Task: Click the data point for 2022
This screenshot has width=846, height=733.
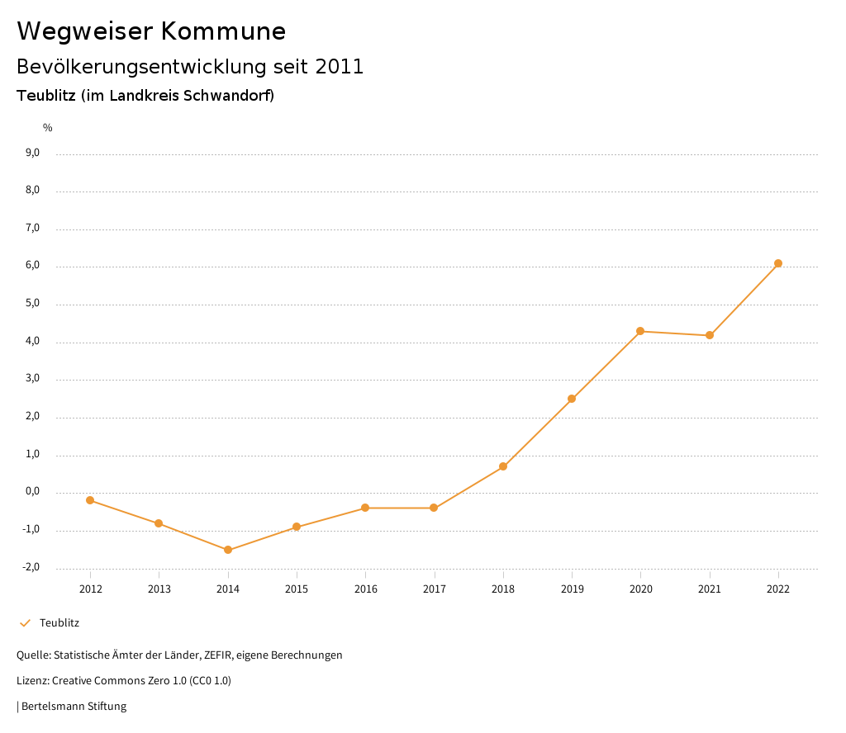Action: (x=778, y=263)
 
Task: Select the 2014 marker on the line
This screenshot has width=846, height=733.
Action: (x=228, y=550)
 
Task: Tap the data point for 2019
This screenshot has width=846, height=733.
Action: (x=572, y=399)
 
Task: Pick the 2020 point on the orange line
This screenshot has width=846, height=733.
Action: (x=640, y=331)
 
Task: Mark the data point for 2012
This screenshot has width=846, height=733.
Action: (x=90, y=500)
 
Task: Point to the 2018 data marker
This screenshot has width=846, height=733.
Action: (x=503, y=466)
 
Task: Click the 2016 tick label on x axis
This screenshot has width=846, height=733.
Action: (x=365, y=589)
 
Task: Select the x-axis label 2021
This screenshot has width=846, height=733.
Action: (x=710, y=589)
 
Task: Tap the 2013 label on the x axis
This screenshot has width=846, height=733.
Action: (x=159, y=589)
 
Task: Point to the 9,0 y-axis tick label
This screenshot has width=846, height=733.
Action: (x=32, y=153)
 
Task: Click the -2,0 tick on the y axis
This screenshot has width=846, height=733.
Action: (x=31, y=567)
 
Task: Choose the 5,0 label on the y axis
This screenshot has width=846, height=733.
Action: (x=32, y=304)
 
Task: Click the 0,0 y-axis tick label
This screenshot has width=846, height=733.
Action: (x=32, y=492)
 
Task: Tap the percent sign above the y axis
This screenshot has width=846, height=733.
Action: (x=48, y=128)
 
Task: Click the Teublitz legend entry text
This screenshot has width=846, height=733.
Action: (x=59, y=623)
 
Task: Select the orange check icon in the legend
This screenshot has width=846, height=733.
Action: (x=25, y=623)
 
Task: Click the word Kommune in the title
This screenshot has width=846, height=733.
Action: (x=223, y=31)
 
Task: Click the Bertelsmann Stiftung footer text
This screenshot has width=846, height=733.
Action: (x=74, y=707)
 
